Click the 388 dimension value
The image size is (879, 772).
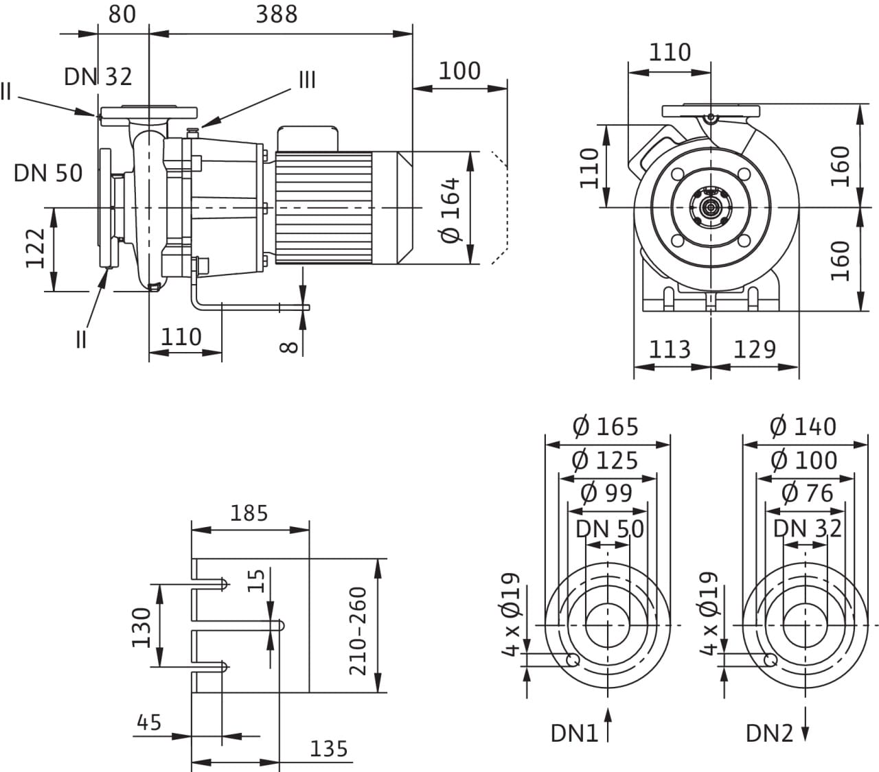coord(276,14)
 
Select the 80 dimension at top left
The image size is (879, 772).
coord(122,14)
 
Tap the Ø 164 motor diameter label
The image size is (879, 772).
coord(450,210)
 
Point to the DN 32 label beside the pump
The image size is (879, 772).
coord(98,77)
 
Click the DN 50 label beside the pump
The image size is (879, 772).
coord(48,173)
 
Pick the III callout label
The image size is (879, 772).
coord(307,80)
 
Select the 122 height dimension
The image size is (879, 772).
coord(36,248)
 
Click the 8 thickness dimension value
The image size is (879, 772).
coord(289,347)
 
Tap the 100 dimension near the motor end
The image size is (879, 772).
coord(459,71)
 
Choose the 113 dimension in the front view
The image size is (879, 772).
coord(670,349)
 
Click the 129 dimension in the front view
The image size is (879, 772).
coord(755,349)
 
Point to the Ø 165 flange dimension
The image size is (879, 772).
coord(606,427)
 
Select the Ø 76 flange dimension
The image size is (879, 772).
coord(807,493)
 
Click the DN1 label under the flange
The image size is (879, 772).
coord(574,734)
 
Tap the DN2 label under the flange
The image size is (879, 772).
coord(769,734)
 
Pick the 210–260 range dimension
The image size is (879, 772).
coord(358,631)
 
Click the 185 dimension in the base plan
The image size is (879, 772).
coord(249,513)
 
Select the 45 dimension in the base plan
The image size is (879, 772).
coord(149,722)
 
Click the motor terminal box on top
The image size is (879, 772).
coord(308,139)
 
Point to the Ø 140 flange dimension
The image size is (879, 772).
coord(803,427)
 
